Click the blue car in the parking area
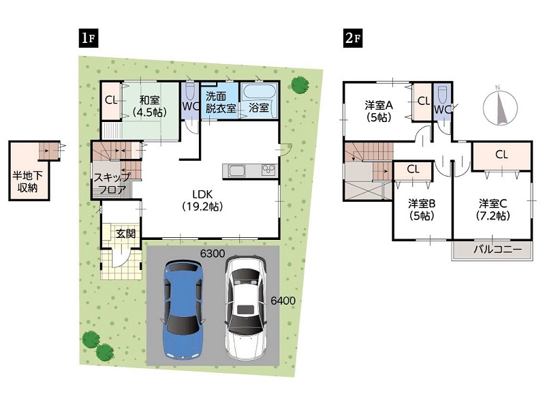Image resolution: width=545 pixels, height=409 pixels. [x=183, y=309]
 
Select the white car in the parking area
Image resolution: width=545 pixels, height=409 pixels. [x=246, y=307]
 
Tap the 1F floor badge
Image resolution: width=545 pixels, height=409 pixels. [x=89, y=37]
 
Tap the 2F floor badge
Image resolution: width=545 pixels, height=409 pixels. [x=353, y=37]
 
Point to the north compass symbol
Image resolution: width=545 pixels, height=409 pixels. [x=500, y=106]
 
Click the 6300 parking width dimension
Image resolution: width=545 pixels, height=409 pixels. [x=213, y=254]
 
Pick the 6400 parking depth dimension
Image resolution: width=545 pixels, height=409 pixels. [x=283, y=301]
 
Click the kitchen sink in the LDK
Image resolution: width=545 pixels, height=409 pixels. [x=236, y=171]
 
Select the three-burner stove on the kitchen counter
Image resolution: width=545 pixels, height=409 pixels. [x=268, y=170]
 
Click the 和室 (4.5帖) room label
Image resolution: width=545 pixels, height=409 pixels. [x=149, y=106]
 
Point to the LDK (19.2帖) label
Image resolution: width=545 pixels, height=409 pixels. [x=202, y=200]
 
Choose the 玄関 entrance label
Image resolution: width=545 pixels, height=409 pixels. [x=125, y=233]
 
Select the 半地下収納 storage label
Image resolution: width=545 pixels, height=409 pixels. [x=27, y=181]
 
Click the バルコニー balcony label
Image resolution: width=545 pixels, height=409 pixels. [x=498, y=249]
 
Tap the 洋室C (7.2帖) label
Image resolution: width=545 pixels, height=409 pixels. [x=493, y=209]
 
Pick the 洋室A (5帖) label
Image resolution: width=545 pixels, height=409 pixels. [x=379, y=111]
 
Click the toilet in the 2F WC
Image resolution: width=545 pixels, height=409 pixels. [x=442, y=93]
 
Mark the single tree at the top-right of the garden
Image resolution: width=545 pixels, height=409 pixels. [x=300, y=85]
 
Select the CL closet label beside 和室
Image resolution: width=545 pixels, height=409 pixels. [x=111, y=100]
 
